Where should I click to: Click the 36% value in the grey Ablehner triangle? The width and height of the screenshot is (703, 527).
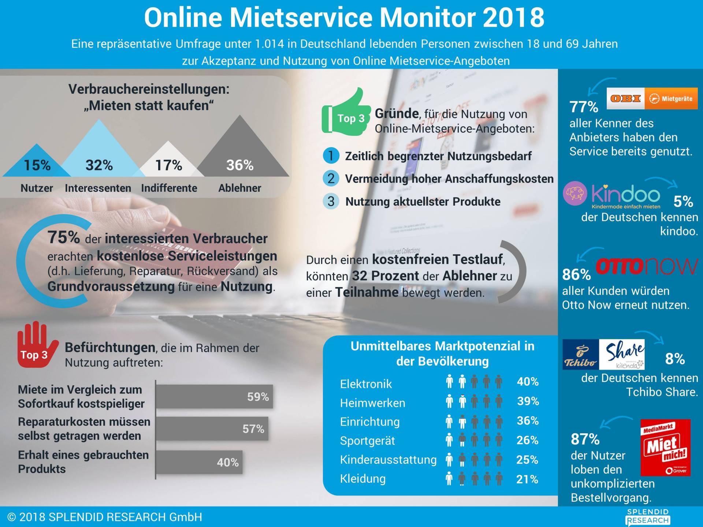(x=240, y=165)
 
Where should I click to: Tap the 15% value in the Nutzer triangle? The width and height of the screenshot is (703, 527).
(x=37, y=165)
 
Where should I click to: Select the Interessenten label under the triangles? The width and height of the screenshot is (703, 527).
(x=98, y=188)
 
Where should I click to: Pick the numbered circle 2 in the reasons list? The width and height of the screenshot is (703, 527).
(x=331, y=179)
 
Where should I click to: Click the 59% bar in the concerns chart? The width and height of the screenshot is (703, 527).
(x=214, y=397)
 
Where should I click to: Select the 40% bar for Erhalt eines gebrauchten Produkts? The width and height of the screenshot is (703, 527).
(x=199, y=462)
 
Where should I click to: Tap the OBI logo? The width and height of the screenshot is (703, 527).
(x=625, y=98)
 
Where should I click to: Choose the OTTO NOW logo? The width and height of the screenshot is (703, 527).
(x=647, y=266)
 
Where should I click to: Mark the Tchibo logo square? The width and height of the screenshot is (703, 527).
(x=580, y=354)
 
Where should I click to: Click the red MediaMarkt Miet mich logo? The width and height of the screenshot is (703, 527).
(x=665, y=447)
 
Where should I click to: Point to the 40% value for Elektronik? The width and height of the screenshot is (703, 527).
(x=528, y=382)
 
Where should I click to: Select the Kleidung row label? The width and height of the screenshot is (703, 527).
(x=362, y=479)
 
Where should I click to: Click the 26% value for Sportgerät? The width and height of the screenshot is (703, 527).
(x=527, y=440)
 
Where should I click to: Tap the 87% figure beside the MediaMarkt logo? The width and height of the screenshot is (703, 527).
(x=585, y=439)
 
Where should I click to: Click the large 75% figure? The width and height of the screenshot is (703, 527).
(x=63, y=237)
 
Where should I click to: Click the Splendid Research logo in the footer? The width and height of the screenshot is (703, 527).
(x=648, y=516)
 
